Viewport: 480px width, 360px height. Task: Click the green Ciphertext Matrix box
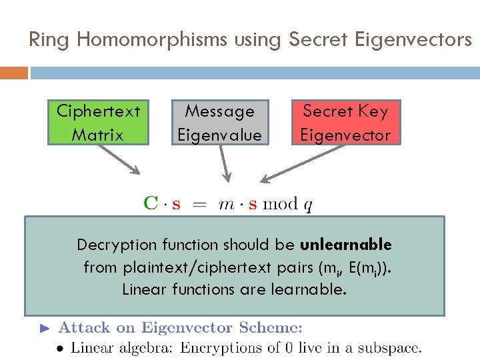[97, 123]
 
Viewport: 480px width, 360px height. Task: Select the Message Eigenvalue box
[219, 123]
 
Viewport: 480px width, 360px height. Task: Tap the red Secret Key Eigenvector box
[345, 123]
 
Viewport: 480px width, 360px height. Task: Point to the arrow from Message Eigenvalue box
[224, 163]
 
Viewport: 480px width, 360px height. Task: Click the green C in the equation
[151, 203]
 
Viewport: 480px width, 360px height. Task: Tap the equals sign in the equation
[199, 204]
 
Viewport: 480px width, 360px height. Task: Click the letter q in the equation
[307, 205]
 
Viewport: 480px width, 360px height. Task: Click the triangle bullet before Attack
[45, 328]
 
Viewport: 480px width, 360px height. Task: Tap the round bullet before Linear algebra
[60, 347]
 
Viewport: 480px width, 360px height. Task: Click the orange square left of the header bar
[13, 72]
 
